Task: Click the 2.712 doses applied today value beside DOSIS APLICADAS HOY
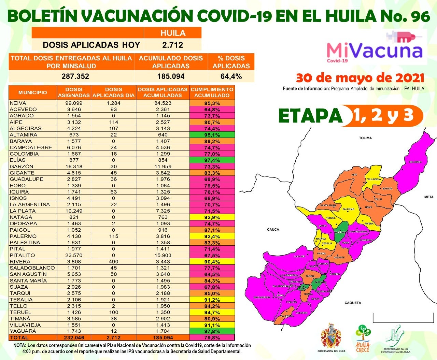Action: tap(173, 45)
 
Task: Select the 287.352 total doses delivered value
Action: tap(75, 76)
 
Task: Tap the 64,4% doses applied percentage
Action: tap(231, 76)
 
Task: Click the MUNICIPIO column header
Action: tap(33, 92)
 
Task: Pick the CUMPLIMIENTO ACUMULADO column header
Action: tap(212, 92)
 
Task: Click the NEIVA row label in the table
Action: tap(18, 103)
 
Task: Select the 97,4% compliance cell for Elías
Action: tap(212, 160)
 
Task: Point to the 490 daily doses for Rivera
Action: tap(114, 262)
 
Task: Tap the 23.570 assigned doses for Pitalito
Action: tap(74, 255)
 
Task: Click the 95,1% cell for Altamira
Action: tap(212, 135)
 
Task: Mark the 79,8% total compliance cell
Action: tap(212, 337)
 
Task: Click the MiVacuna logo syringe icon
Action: tap(401, 36)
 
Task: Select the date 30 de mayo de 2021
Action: tap(360, 78)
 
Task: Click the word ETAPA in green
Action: tap(310, 116)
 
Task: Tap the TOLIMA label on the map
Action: tap(365, 138)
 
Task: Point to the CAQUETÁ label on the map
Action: tap(353, 303)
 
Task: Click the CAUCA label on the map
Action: tap(273, 230)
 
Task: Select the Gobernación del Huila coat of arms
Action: tap(331, 336)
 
